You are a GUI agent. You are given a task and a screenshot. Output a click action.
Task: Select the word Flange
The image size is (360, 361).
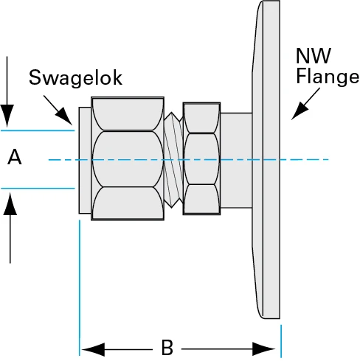click(x=326, y=77)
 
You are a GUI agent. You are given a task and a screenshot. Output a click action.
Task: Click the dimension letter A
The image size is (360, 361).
click(x=14, y=157)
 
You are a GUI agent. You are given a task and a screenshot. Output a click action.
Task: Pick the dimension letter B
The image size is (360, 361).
click(x=167, y=347)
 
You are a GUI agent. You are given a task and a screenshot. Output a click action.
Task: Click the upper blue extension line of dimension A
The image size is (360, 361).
click(x=37, y=130)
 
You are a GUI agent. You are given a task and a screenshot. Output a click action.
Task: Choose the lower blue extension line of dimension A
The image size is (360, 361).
click(x=37, y=188)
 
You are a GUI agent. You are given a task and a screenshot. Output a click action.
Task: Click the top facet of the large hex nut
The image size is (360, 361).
click(x=128, y=114)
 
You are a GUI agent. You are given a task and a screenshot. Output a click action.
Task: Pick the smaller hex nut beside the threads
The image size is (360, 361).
click(x=201, y=158)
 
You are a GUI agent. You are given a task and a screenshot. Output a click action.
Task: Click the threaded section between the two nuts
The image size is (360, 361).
click(x=173, y=158)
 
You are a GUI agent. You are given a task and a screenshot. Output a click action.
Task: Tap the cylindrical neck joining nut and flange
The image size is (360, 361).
click(x=236, y=158)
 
